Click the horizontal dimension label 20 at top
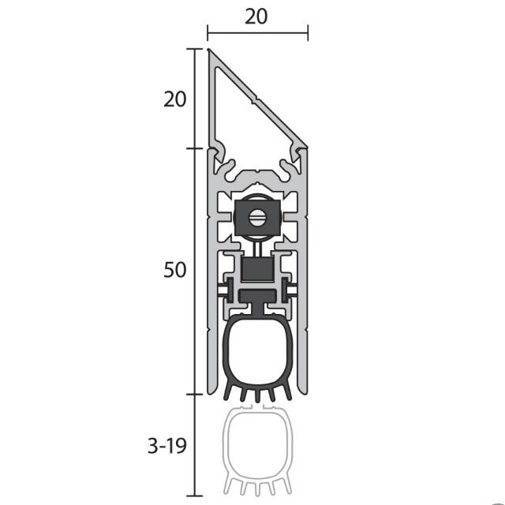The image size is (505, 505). pyautogui.click(x=256, y=17)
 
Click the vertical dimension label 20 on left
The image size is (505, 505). pyautogui.click(x=175, y=99)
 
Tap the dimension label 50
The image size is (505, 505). pyautogui.click(x=175, y=270)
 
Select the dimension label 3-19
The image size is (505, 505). pyautogui.click(x=167, y=446)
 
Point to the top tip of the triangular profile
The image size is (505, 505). pyautogui.click(x=208, y=50)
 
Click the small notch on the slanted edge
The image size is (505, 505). pyautogui.click(x=254, y=100)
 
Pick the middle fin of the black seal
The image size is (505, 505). pyautogui.click(x=258, y=395)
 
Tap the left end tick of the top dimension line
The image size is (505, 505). pyautogui.click(x=208, y=33)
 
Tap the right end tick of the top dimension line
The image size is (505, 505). pyautogui.click(x=308, y=33)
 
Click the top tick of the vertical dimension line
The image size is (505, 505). pyautogui.click(x=195, y=49)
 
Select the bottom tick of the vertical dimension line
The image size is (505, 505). pyautogui.click(x=195, y=496)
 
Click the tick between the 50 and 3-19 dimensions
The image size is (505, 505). pyautogui.click(x=195, y=395)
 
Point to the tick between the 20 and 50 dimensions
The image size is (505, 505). pyautogui.click(x=195, y=148)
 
